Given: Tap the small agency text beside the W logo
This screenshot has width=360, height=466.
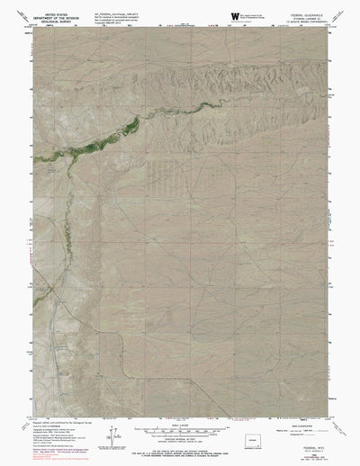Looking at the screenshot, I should [x=253, y=14].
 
